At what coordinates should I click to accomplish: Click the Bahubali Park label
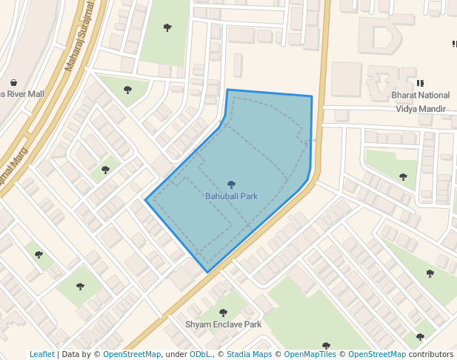click(231, 196)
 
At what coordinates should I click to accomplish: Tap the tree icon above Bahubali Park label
click(231, 184)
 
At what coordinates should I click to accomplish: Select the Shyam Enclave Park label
click(223, 324)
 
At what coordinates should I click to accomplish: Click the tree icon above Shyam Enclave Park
click(223, 313)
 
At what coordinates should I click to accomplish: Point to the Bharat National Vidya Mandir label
click(420, 102)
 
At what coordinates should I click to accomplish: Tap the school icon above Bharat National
click(421, 84)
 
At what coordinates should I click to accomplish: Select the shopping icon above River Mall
click(13, 82)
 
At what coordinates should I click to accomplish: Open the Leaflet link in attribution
click(41, 355)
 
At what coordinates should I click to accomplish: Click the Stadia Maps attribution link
click(249, 355)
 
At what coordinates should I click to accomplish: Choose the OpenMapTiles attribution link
click(312, 355)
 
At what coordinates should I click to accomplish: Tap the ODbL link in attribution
click(200, 355)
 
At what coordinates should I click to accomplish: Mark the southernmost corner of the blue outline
click(207, 272)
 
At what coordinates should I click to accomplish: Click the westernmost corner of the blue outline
click(146, 200)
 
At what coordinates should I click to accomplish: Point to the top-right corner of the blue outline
click(311, 96)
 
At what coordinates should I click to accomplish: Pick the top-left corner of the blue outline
click(227, 90)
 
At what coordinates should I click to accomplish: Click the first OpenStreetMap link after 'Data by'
click(131, 355)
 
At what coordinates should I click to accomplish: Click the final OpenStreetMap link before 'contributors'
click(376, 355)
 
